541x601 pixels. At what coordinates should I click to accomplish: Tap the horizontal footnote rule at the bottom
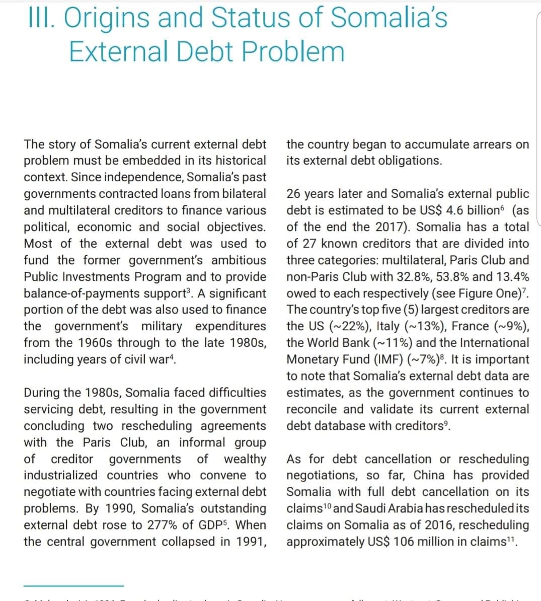(x=73, y=585)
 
